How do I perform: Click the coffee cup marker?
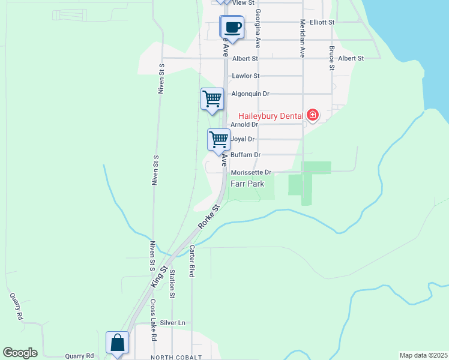tap(232, 27)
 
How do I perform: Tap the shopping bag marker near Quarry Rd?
tap(117, 343)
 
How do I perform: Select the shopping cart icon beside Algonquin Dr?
tap(211, 98)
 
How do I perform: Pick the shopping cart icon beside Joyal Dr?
tap(219, 139)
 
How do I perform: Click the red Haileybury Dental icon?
tap(313, 115)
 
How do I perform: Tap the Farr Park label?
tap(247, 184)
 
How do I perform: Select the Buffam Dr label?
tap(246, 155)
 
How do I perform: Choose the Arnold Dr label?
tap(244, 125)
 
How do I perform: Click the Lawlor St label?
tap(246, 76)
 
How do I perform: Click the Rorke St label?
tap(211, 217)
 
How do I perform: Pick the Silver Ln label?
tap(173, 323)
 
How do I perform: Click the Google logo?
tap(20, 353)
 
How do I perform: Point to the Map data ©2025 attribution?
tap(423, 355)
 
